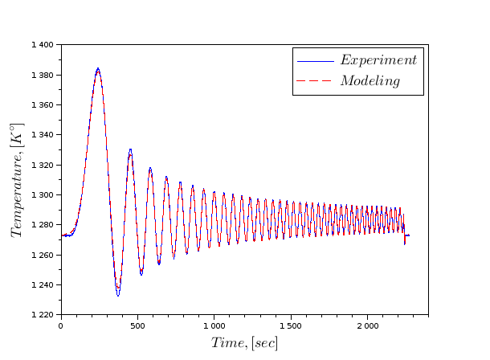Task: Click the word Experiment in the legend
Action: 378,60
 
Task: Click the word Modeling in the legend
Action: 370,81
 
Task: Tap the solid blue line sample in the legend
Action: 314,61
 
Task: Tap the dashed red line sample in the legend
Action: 314,81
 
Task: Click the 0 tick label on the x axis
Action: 60,326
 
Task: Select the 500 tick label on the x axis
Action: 137,326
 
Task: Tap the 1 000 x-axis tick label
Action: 214,326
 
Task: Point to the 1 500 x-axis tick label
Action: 290,326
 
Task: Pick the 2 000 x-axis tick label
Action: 367,326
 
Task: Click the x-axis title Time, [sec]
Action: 244,343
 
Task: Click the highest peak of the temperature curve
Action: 98,69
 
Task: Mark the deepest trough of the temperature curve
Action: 118,295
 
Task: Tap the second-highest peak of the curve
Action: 130,149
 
